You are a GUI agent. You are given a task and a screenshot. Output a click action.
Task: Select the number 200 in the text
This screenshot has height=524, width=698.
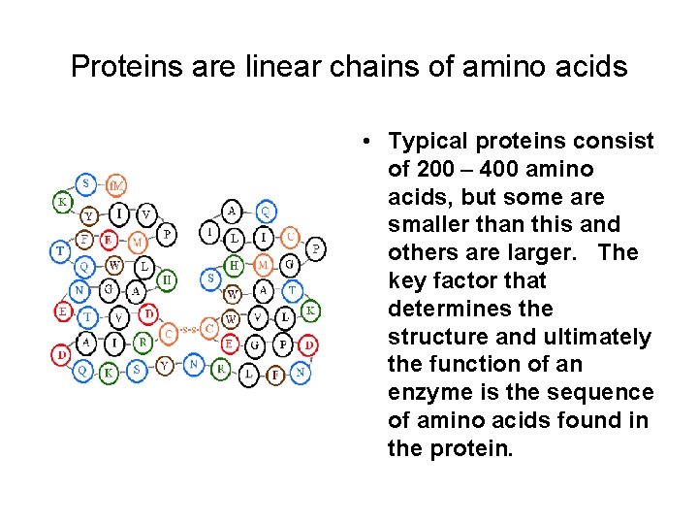(x=434, y=170)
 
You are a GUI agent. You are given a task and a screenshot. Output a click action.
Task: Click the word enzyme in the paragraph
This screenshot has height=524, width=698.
(x=427, y=393)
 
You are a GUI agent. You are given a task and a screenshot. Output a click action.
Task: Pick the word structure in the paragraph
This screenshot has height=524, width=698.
(x=434, y=337)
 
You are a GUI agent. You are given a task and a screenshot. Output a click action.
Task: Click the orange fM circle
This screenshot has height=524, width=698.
(x=115, y=184)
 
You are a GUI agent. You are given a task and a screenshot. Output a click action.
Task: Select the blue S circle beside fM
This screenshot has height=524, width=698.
(x=87, y=182)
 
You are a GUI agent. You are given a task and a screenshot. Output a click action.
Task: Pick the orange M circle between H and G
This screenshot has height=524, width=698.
(x=263, y=265)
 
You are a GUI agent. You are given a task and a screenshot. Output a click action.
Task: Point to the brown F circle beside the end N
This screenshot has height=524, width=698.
(x=276, y=373)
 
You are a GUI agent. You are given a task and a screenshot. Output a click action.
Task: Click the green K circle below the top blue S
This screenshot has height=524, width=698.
(x=62, y=202)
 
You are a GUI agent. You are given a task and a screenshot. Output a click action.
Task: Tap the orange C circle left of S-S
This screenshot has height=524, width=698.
(x=168, y=333)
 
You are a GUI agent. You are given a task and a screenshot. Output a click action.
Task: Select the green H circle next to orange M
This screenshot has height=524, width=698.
(x=234, y=265)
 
